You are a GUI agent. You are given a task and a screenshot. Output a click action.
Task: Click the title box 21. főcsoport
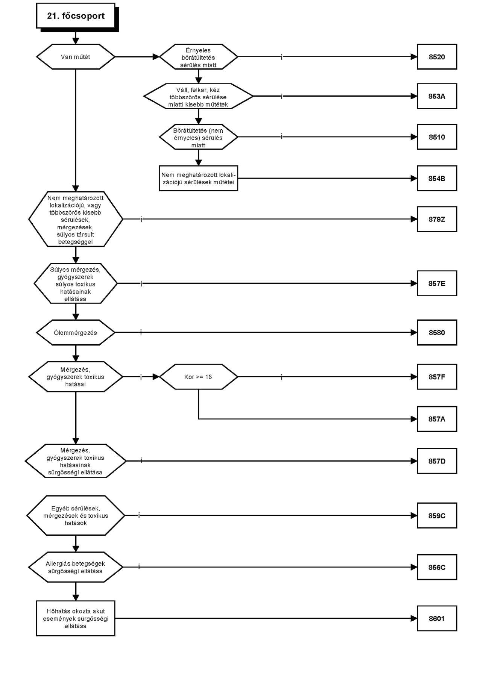76,16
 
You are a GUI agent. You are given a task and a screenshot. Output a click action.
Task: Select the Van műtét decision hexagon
76,57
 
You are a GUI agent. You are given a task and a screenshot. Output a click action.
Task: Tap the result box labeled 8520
437,57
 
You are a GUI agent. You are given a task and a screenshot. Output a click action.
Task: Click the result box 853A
437,96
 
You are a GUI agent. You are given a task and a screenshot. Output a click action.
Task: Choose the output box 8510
437,137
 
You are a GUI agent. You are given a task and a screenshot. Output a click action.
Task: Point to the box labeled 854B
437,178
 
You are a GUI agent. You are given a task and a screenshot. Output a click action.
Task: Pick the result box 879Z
437,219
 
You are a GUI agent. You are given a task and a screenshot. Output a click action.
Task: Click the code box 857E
437,283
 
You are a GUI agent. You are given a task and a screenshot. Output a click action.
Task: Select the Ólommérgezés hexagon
76,333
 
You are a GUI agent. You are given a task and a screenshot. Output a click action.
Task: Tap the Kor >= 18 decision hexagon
199,377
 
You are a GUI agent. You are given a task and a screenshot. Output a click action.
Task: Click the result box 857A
437,419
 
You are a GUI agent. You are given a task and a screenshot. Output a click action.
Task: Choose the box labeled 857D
437,461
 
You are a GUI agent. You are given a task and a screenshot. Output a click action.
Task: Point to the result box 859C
437,515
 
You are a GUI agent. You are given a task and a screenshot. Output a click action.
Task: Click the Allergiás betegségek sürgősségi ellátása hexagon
76,567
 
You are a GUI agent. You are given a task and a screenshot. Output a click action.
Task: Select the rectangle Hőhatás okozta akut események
76,618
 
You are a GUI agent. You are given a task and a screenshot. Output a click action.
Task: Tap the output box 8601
437,618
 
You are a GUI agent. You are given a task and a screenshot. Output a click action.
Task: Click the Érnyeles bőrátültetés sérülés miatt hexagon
199,57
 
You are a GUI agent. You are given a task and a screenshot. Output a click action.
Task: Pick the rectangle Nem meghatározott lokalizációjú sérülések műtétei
199,178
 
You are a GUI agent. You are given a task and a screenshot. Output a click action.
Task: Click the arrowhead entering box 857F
414,377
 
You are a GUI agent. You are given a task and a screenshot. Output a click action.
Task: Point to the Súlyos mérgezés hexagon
76,283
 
